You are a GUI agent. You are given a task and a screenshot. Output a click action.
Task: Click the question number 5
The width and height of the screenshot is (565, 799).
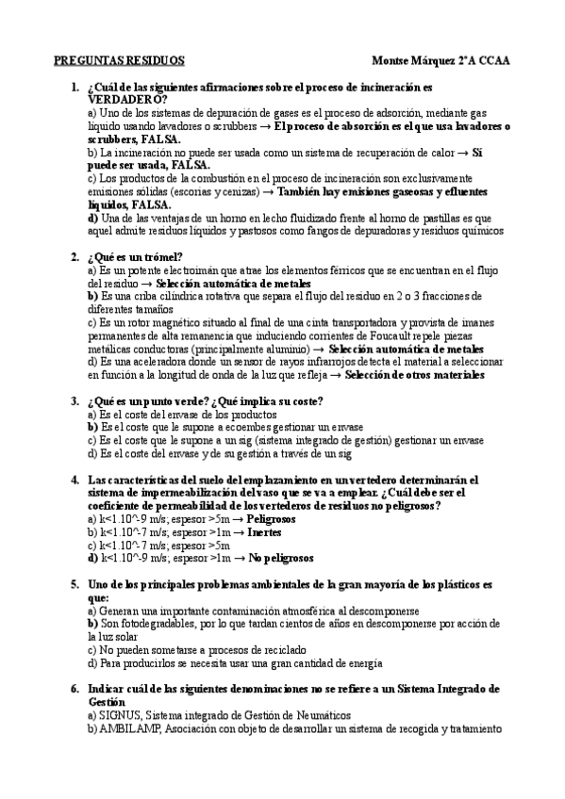(75, 584)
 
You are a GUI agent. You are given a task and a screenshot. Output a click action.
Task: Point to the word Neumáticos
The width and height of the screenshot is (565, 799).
(319, 715)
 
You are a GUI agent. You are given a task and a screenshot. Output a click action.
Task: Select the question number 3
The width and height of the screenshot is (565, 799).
(75, 400)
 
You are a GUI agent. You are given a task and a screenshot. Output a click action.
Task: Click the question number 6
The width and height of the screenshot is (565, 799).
(75, 689)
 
